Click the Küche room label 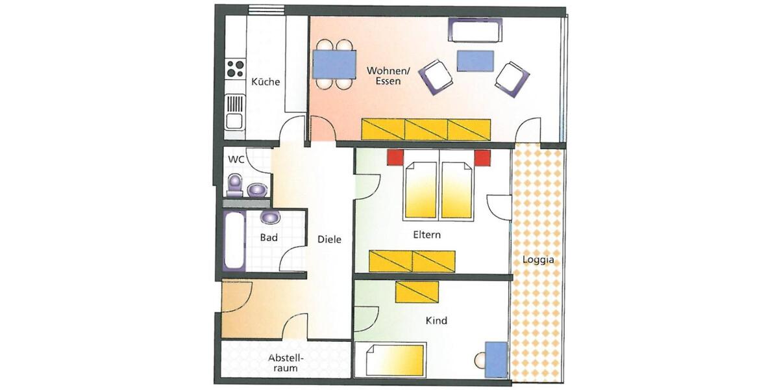[266, 82]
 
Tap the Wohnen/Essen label [384, 75]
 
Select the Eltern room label [427, 235]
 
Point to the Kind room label [436, 320]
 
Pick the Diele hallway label [329, 239]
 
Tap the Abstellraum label [286, 363]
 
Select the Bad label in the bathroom [269, 238]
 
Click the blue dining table [334, 64]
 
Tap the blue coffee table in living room [475, 60]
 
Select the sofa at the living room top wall [475, 30]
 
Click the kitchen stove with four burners [234, 68]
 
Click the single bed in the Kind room [395, 360]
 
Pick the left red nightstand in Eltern [395, 157]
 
